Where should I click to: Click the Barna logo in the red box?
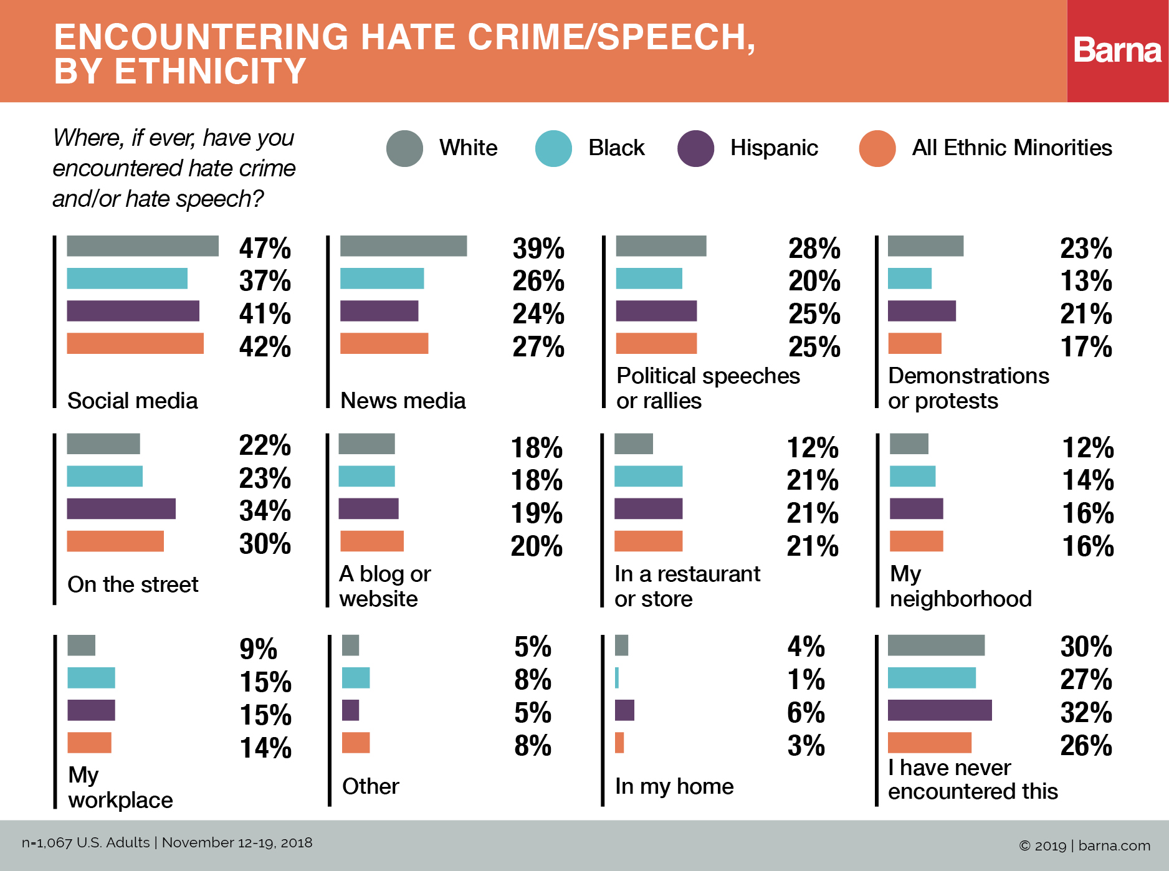[x=1117, y=50]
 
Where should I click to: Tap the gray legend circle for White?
[x=404, y=148]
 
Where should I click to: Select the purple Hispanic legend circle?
[x=695, y=148]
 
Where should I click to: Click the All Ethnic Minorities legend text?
[x=1011, y=148]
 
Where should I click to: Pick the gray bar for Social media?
[x=143, y=246]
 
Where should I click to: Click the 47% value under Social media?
[x=265, y=249]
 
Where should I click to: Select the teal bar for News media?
[x=382, y=278]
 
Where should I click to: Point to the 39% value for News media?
[x=538, y=249]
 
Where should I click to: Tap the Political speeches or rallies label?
[x=707, y=388]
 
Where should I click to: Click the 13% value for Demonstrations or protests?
[x=1086, y=281]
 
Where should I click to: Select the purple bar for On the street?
[x=121, y=508]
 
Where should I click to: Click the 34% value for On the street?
[x=265, y=511]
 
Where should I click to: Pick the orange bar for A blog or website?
[x=371, y=541]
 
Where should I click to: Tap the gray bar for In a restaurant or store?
[x=633, y=444]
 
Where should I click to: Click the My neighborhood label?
[x=960, y=586]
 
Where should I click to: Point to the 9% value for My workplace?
[x=258, y=649]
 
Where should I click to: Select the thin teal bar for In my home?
[x=617, y=678]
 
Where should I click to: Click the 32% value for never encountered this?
[x=1085, y=713]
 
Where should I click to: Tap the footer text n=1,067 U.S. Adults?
[x=86, y=843]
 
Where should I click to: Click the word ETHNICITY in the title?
[x=210, y=70]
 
